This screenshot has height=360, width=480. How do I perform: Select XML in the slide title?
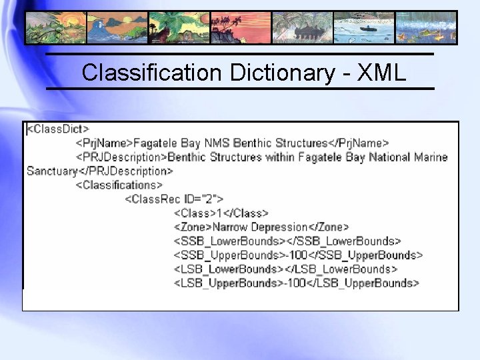tap(381, 73)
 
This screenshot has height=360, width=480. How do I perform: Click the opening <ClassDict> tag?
tap(57, 129)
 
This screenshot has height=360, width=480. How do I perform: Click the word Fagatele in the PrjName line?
tap(157, 143)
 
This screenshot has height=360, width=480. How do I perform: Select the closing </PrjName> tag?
tap(359, 143)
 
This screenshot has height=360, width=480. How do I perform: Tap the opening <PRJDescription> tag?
tap(122, 157)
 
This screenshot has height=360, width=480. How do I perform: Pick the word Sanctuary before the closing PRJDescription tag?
tap(52, 171)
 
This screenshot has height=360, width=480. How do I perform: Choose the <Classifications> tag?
tap(119, 185)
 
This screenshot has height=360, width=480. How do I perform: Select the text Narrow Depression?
tap(260, 227)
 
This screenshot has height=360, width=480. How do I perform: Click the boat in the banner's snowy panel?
tap(363, 28)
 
